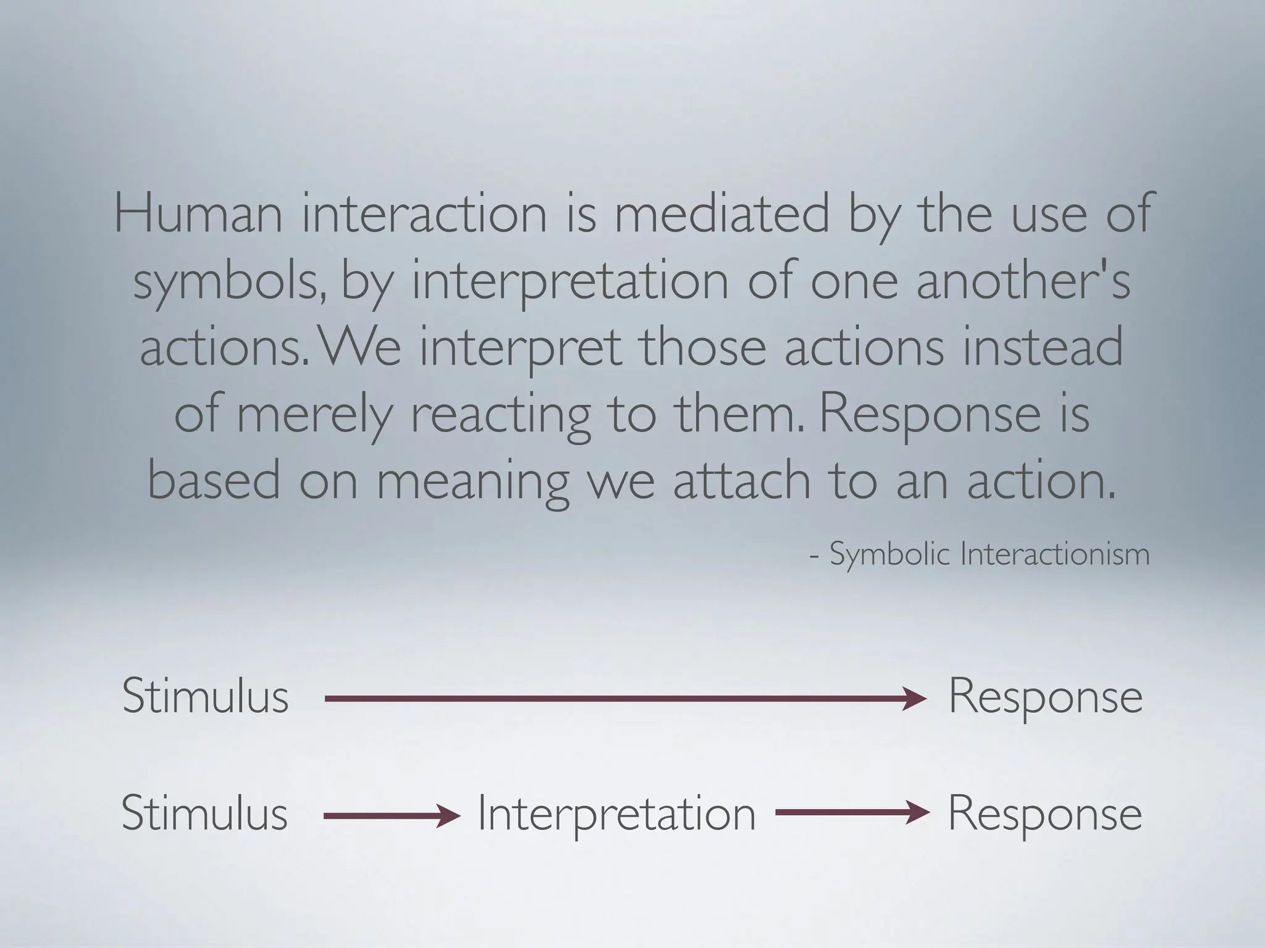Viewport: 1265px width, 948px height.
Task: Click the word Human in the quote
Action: point(198,213)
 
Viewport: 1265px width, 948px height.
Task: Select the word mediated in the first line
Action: point(722,213)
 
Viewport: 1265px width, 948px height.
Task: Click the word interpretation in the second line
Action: point(570,281)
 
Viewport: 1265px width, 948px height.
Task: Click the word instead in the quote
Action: point(1043,347)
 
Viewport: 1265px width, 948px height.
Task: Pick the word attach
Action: point(742,481)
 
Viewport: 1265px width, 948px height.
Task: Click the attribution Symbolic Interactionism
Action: point(988,554)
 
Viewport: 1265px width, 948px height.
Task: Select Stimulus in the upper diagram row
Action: point(205,696)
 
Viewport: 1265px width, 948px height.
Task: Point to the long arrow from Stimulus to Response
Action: point(624,699)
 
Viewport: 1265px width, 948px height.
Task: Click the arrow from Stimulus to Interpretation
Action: point(392,816)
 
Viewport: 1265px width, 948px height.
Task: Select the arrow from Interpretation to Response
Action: point(852,813)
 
